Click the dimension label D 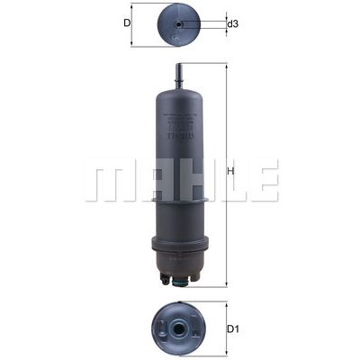tap(127, 23)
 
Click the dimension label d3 tap(232, 24)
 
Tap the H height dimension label tap(231, 173)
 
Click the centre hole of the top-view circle tap(180, 24)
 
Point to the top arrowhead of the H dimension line tap(225, 67)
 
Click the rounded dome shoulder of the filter tap(180, 90)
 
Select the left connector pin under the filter tap(165, 281)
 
